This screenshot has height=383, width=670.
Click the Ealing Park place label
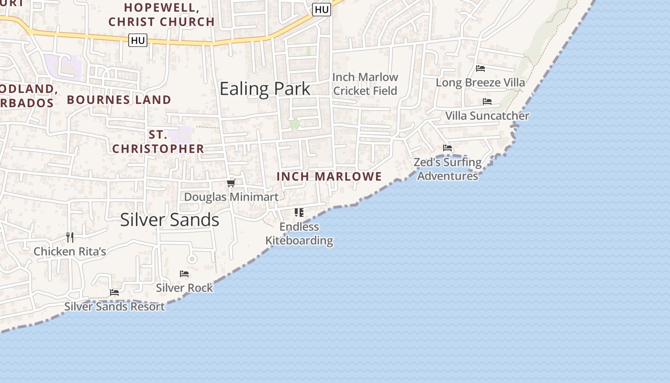[265, 89]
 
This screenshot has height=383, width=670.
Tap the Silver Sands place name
[169, 220]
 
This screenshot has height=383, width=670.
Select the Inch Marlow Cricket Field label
[365, 84]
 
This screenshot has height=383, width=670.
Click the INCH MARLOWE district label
[329, 177]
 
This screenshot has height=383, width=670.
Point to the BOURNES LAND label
[119, 100]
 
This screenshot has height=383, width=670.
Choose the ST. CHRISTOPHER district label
[158, 142]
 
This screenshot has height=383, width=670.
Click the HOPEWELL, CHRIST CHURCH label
[161, 15]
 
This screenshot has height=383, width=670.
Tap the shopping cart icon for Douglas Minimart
[231, 183]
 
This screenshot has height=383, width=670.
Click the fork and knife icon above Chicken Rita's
[70, 237]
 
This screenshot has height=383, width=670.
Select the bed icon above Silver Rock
[184, 274]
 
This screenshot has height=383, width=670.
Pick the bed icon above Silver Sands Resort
[114, 292]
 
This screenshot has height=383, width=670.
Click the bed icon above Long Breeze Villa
[480, 68]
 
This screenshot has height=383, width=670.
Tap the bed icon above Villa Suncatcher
[487, 101]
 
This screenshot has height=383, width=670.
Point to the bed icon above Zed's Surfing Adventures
[447, 148]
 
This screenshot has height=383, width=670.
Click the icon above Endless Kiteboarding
[299, 212]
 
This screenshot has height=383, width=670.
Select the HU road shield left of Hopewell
[138, 41]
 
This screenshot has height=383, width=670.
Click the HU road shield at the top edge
[322, 10]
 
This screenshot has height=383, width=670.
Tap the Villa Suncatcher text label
[487, 116]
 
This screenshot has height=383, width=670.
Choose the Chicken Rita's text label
[70, 251]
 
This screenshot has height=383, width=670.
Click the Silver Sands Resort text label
[114, 306]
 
